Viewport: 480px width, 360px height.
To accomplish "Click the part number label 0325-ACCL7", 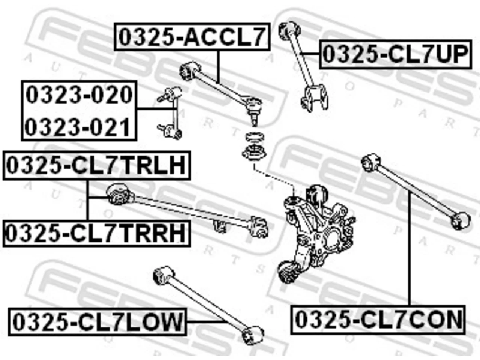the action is coord(192,37).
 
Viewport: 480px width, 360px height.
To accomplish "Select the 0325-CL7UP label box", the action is coord(396,54).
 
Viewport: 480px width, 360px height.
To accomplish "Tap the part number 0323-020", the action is coord(79,94).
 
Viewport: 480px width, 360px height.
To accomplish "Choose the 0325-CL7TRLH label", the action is coord(96,165).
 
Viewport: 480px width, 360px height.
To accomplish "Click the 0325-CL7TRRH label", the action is coord(96,234).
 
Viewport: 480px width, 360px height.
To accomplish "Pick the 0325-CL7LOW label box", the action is coord(97,322).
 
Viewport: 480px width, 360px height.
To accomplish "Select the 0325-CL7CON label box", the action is coord(378,320).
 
